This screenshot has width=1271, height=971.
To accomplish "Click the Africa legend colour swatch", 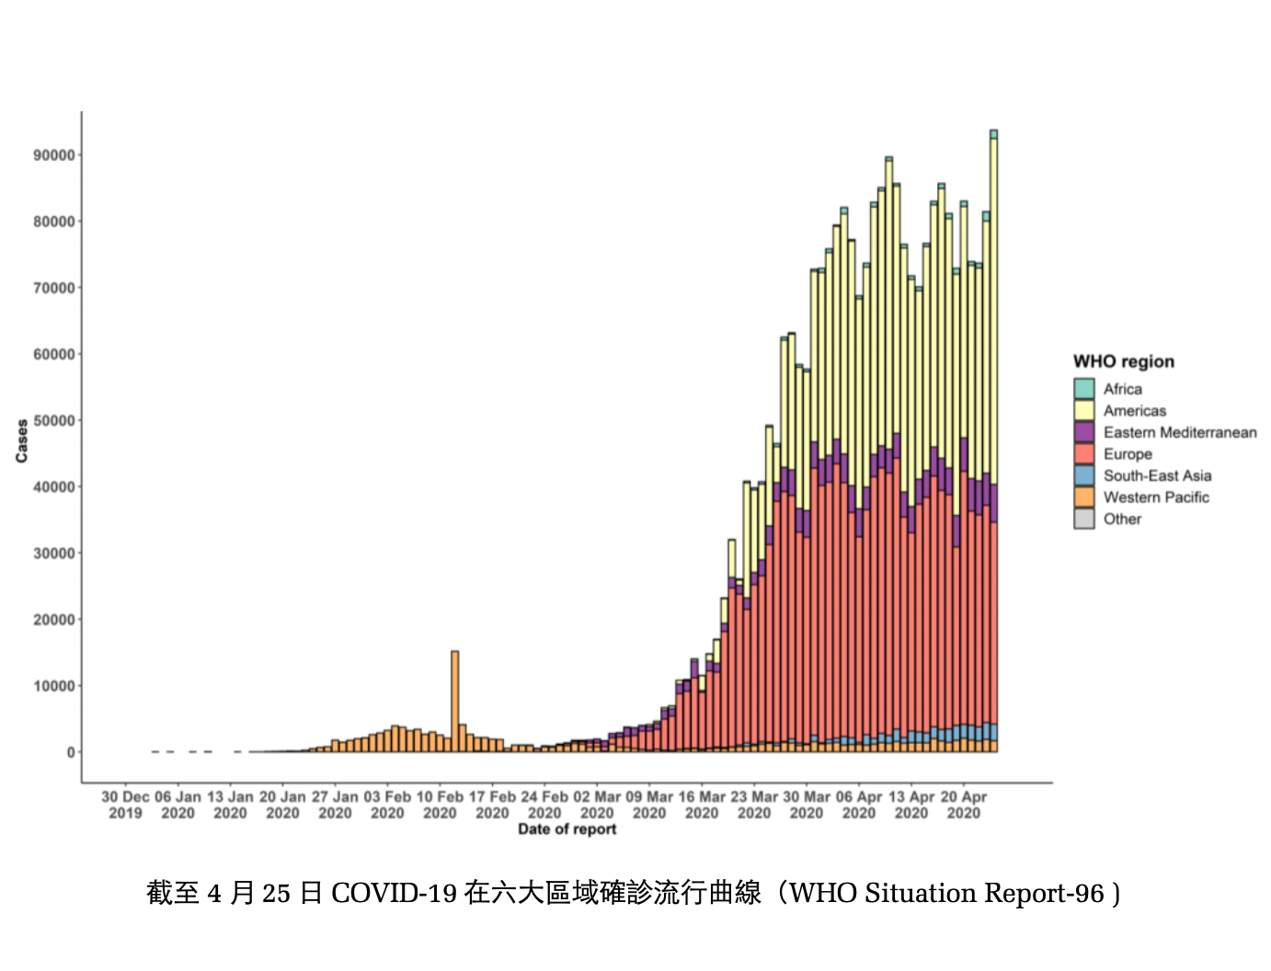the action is (1083, 388).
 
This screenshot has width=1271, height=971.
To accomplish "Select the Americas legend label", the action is (1134, 410).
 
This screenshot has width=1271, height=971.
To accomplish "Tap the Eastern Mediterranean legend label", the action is (1180, 432).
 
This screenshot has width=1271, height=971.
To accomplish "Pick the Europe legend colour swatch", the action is (1083, 453).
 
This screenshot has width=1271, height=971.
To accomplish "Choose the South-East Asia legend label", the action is (1157, 475).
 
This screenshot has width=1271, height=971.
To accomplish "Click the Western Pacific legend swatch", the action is (1083, 497).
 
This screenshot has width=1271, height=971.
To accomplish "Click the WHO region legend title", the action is (1123, 361).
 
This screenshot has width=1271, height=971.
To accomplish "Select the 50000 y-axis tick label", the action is (54, 421).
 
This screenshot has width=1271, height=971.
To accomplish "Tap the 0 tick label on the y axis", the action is (71, 752).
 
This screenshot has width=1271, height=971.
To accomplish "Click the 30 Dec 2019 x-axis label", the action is (125, 805).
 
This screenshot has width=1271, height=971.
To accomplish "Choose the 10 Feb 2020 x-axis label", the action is (440, 805).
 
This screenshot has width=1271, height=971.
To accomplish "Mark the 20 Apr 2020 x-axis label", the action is (964, 805).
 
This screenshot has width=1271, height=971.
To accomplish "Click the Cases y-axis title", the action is (22, 441).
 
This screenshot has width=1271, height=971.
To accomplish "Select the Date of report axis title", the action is (567, 829).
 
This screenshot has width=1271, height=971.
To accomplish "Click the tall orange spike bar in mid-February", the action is (455, 702).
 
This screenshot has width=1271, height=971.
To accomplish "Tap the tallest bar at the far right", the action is (993, 441).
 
